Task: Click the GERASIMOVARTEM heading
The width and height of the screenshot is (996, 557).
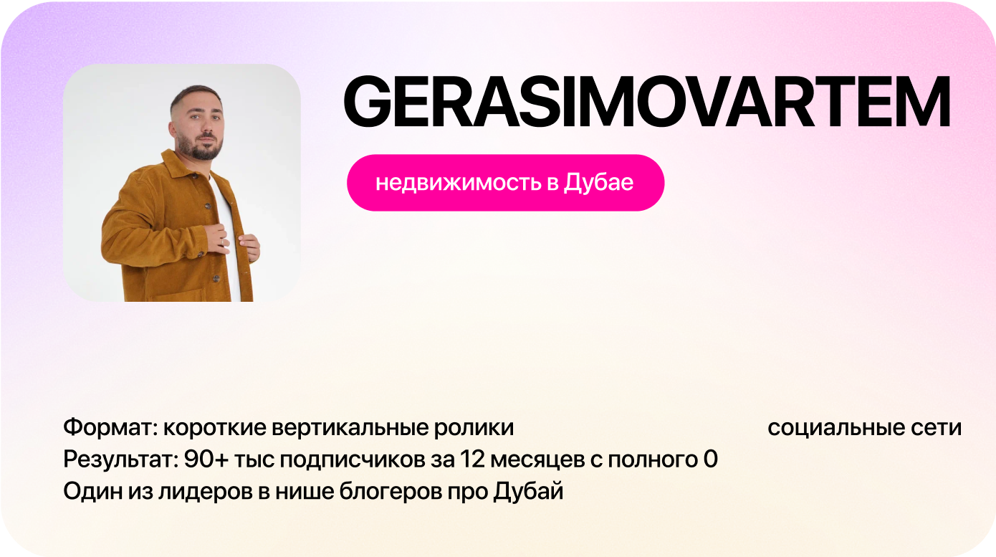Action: pos(646,101)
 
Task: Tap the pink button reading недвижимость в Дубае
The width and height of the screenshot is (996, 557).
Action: pos(506,182)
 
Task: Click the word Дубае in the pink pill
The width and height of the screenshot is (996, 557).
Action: pos(598,182)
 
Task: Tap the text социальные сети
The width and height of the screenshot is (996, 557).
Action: pos(864,427)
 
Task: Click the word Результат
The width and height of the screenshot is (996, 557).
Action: pos(121,460)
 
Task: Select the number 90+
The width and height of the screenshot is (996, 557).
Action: pos(206,459)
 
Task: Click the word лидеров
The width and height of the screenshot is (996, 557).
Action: pos(206,492)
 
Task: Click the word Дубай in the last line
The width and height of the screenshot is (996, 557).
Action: pos(528,491)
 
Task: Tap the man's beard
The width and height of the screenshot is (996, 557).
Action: pos(203,146)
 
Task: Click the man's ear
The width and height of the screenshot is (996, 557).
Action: pos(172,128)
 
